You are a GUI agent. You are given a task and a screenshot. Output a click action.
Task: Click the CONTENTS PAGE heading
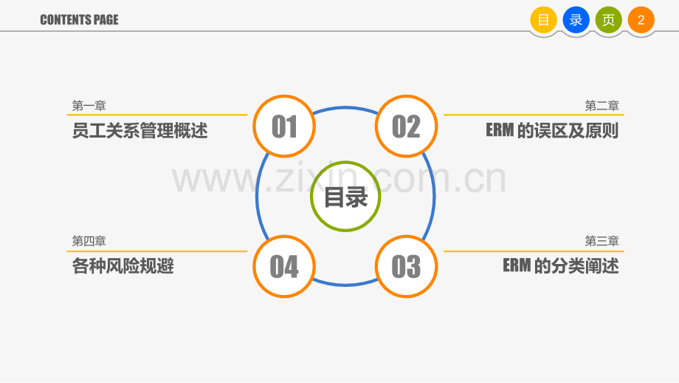[79, 20]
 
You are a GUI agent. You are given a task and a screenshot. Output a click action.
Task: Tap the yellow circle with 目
[543, 20]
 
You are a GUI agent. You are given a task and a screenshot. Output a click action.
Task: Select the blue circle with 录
[576, 20]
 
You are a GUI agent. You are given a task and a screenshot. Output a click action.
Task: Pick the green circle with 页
[608, 20]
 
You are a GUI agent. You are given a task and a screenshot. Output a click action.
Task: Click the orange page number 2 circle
[641, 20]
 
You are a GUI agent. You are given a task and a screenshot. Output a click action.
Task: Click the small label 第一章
[89, 106]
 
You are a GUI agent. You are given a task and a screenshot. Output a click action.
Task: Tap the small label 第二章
[602, 106]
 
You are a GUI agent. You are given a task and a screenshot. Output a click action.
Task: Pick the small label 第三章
[602, 241]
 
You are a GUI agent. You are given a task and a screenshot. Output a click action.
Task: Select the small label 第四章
[89, 241]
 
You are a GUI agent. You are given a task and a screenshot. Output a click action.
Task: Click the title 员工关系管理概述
[140, 131]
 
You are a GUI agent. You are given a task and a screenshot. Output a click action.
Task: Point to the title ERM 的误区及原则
[552, 131]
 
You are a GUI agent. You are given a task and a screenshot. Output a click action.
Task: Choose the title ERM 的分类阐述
[561, 266]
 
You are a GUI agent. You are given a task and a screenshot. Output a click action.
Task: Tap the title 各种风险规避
[123, 266]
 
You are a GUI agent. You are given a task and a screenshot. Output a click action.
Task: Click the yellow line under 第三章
[534, 251]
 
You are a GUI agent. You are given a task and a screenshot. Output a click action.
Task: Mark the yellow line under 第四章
[156, 251]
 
